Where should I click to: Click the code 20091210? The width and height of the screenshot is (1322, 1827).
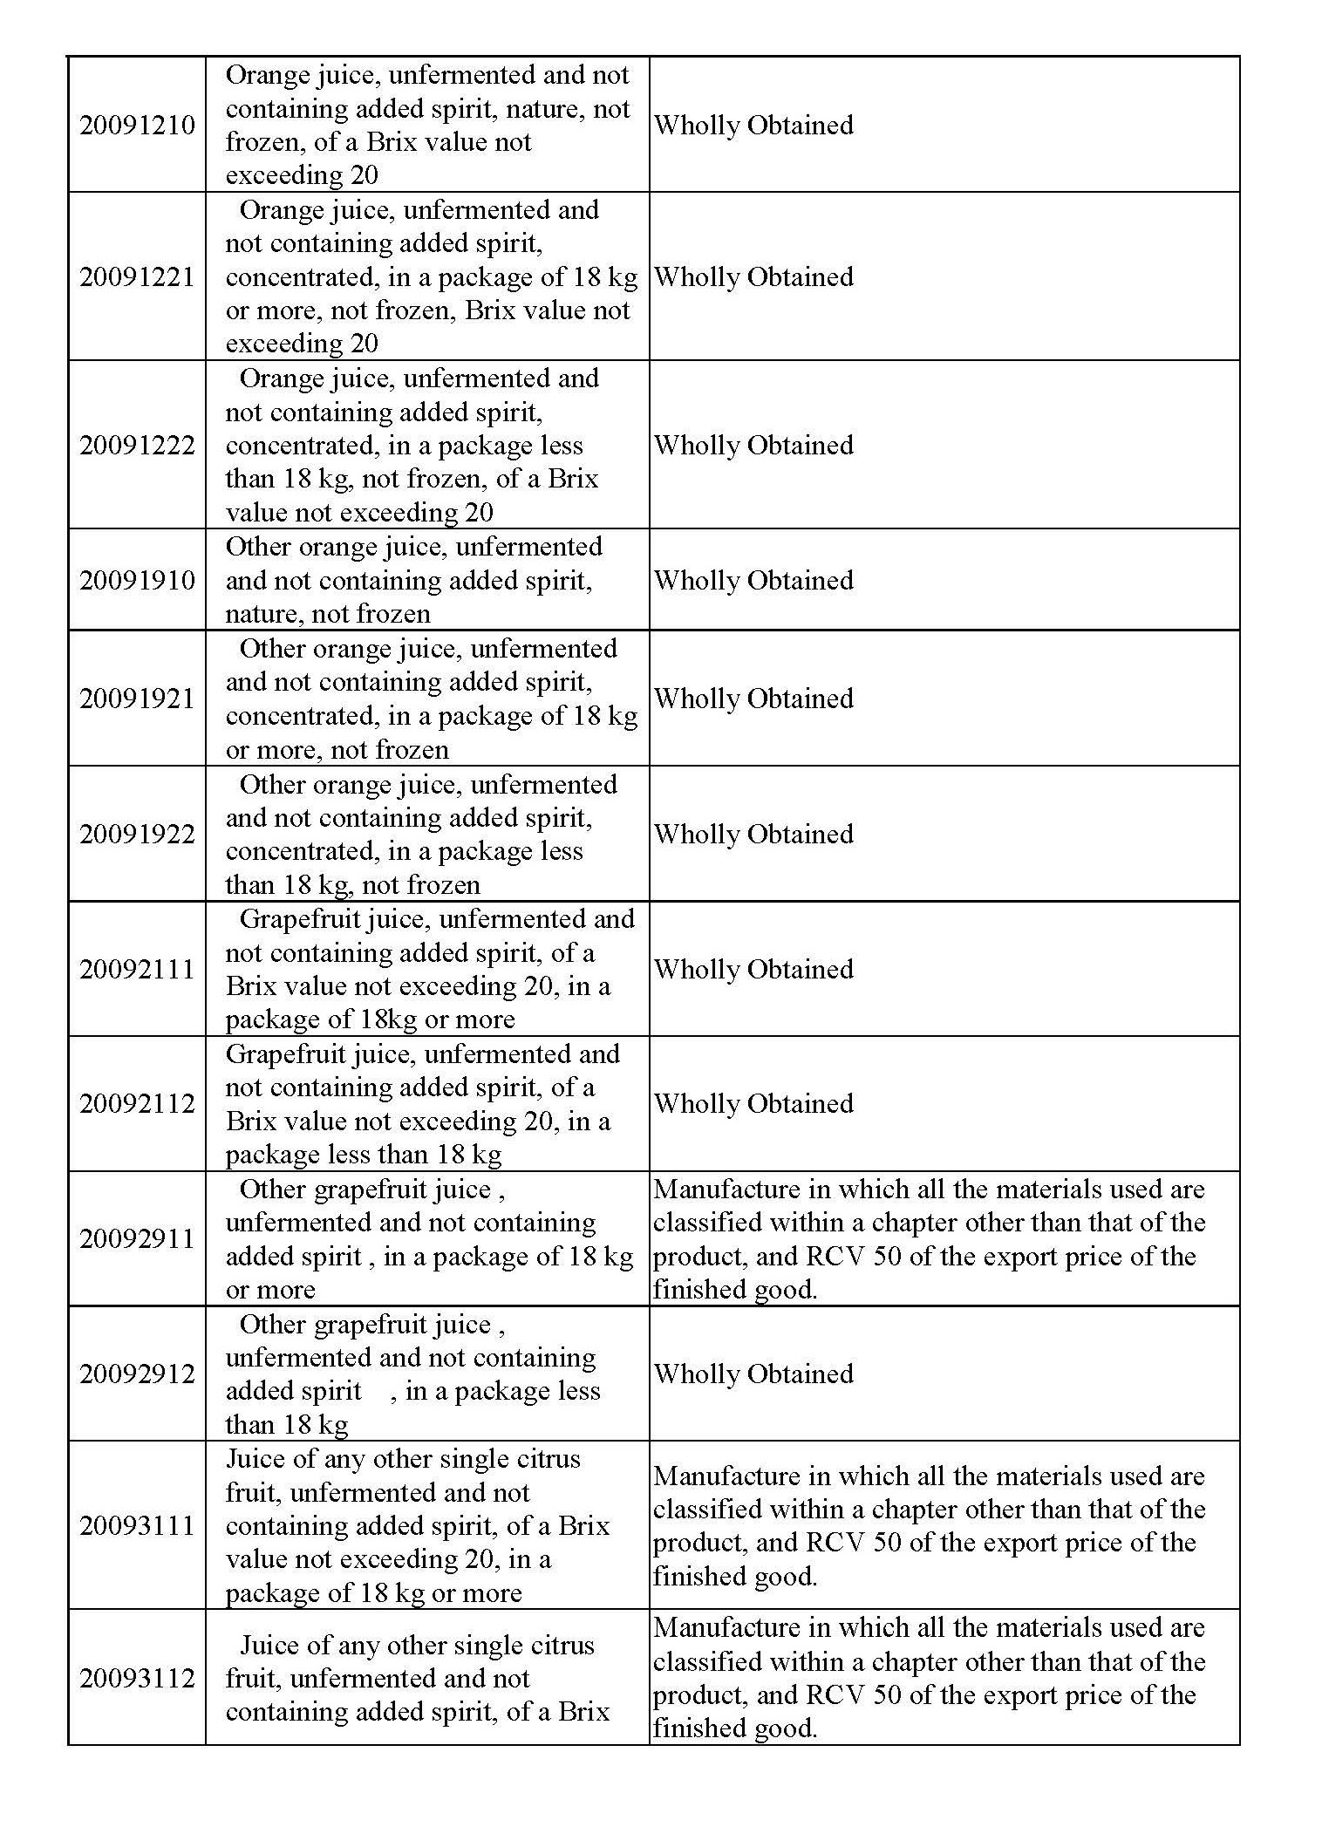pyautogui.click(x=137, y=126)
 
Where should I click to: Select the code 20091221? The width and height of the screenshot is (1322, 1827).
pyautogui.click(x=137, y=277)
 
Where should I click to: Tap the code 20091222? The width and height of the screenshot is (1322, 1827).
pyautogui.click(x=137, y=446)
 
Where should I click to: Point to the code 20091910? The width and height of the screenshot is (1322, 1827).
pyautogui.click(x=137, y=581)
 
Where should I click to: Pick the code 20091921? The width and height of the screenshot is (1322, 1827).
pyautogui.click(x=137, y=699)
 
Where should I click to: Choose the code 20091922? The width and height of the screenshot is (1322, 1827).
pyautogui.click(x=137, y=835)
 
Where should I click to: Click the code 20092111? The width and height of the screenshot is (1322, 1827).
pyautogui.click(x=137, y=970)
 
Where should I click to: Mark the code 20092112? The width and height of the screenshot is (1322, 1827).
pyautogui.click(x=137, y=1104)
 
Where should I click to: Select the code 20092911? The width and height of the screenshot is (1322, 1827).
pyautogui.click(x=137, y=1239)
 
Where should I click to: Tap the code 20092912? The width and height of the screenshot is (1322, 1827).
pyautogui.click(x=137, y=1374)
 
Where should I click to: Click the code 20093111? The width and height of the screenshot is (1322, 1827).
pyautogui.click(x=137, y=1526)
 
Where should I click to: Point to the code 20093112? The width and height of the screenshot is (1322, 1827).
pyautogui.click(x=137, y=1678)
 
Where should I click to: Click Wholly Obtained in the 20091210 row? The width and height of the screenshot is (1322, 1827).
pyautogui.click(x=753, y=126)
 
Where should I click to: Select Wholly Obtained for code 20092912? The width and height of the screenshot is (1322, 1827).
pyautogui.click(x=753, y=1374)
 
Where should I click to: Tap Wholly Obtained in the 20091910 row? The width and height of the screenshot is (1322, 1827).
pyautogui.click(x=753, y=581)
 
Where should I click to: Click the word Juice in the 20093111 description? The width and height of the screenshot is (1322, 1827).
pyautogui.click(x=250, y=1459)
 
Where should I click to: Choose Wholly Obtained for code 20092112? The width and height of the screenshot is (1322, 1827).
pyautogui.click(x=753, y=1104)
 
